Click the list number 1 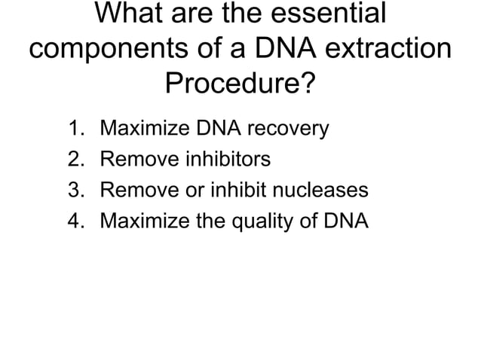pyautogui.click(x=74, y=129)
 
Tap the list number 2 pyautogui.click(x=74, y=160)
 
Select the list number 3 pyautogui.click(x=74, y=191)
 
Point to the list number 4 pyautogui.click(x=74, y=221)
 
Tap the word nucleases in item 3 pyautogui.click(x=322, y=191)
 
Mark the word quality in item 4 pyautogui.click(x=274, y=222)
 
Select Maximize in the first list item pyautogui.click(x=136, y=129)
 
